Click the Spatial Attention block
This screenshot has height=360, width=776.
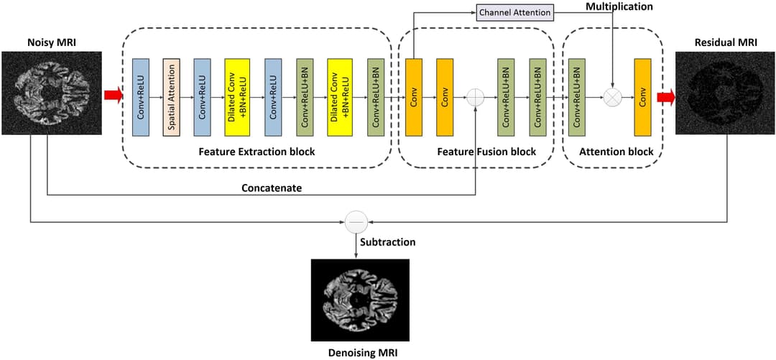point(172,96)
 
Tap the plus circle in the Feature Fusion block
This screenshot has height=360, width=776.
point(476,97)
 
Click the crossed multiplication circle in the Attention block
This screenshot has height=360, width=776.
point(612,97)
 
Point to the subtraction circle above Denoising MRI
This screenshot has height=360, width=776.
point(356,222)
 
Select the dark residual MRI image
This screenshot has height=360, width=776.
point(726,92)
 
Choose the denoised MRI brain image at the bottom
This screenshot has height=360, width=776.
point(359,300)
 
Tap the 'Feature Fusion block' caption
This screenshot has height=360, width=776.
point(486,152)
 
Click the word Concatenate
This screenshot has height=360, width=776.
point(272,188)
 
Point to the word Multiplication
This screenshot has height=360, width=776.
point(619,6)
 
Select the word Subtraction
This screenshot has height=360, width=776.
point(388,242)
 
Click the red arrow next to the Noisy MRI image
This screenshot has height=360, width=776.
point(114,97)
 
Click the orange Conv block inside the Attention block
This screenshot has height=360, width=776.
point(642,96)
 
